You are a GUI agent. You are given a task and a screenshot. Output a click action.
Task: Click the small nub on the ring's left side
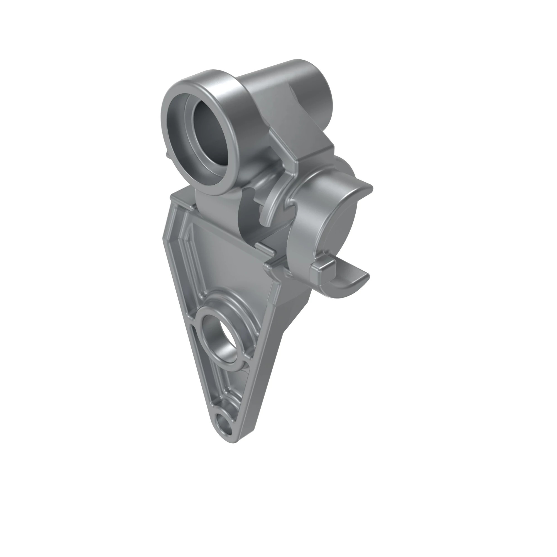[167, 154]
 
